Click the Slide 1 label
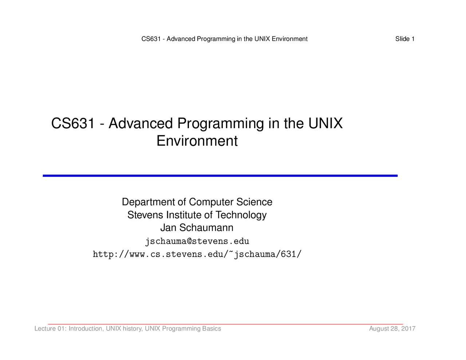pyautogui.click(x=405, y=39)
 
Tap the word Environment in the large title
pyautogui.click(x=197, y=141)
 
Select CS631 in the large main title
pyautogui.click(x=73, y=123)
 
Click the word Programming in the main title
pyautogui.click(x=221, y=124)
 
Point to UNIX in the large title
pyautogui.click(x=325, y=123)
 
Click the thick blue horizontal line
pyautogui.click(x=220, y=175)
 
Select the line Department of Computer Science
pyautogui.click(x=197, y=202)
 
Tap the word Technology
pyautogui.click(x=241, y=215)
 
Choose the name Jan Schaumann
pyautogui.click(x=197, y=228)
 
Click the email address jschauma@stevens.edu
pyautogui.click(x=197, y=241)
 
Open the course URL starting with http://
pyautogui.click(x=197, y=254)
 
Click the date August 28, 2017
pyautogui.click(x=392, y=328)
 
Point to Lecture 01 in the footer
pyautogui.click(x=51, y=328)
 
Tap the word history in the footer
pyautogui.click(x=133, y=329)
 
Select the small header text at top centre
pyautogui.click(x=224, y=39)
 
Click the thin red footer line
pyautogui.click(x=225, y=324)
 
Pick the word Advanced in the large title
pyautogui.click(x=141, y=123)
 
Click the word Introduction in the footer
pyautogui.click(x=86, y=329)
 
